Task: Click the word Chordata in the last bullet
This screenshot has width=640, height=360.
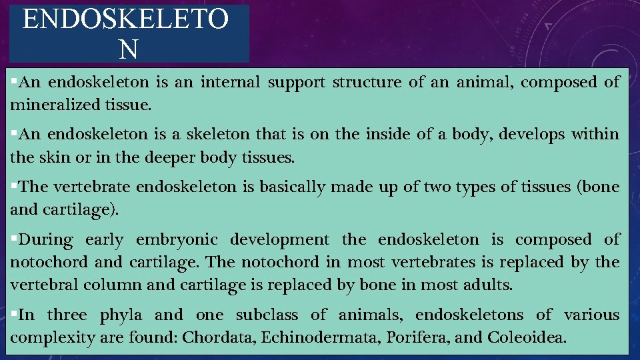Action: [x=219, y=337]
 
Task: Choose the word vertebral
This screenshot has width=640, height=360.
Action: [x=44, y=285]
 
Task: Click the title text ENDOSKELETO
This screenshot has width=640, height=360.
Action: [x=126, y=20]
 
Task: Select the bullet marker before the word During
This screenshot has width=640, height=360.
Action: [x=14, y=239]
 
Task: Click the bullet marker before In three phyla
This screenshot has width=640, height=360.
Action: [x=14, y=314]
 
